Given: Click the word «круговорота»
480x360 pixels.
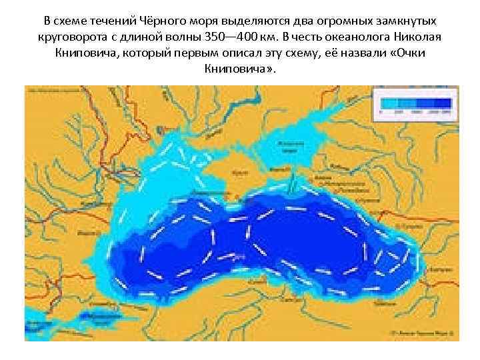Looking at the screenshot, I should pyautogui.click(x=68, y=35).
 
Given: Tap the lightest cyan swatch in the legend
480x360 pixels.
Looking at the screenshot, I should pyautogui.click(x=386, y=103).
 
